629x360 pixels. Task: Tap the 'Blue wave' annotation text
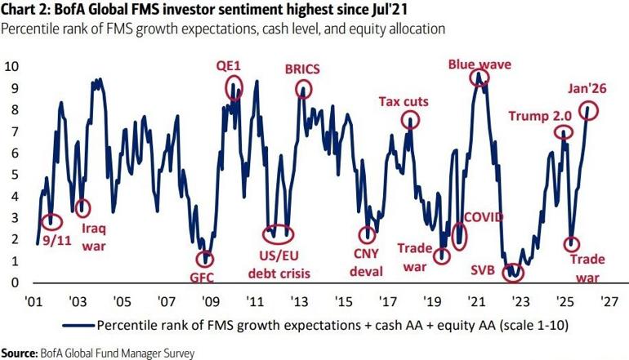(480, 64)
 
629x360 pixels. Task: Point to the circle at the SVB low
(512, 271)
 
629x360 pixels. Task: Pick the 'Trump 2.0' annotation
(539, 115)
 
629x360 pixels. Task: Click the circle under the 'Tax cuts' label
(410, 120)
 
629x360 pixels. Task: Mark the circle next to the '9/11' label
(52, 220)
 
